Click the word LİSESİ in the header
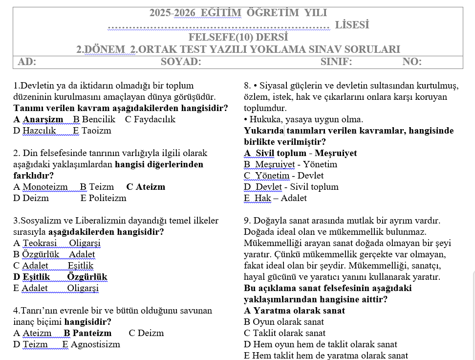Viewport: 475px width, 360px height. pos(352,25)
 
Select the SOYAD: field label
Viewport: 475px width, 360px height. pos(181,62)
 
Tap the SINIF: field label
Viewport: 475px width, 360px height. pos(336,62)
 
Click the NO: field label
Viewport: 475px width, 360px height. pos(412,62)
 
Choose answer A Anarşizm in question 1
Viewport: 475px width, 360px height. pos(39,119)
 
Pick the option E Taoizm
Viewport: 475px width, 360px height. pos(92,131)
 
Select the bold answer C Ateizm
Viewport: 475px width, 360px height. pos(146,187)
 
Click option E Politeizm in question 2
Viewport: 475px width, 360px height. pos(103,198)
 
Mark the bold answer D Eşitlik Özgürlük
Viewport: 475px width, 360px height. pos(60,277)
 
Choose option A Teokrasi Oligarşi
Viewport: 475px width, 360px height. pos(57,243)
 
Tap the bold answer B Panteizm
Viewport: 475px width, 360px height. pos(87,333)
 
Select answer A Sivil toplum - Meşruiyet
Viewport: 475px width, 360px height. pos(300,153)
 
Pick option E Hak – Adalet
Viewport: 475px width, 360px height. pos(275,198)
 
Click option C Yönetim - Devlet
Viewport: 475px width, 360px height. pos(283,176)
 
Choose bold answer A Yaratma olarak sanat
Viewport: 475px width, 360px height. pos(294,311)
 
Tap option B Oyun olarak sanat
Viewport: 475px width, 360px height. pos(283,322)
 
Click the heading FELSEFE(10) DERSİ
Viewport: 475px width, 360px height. pos(238,37)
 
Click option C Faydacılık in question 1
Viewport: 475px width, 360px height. pos(150,119)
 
